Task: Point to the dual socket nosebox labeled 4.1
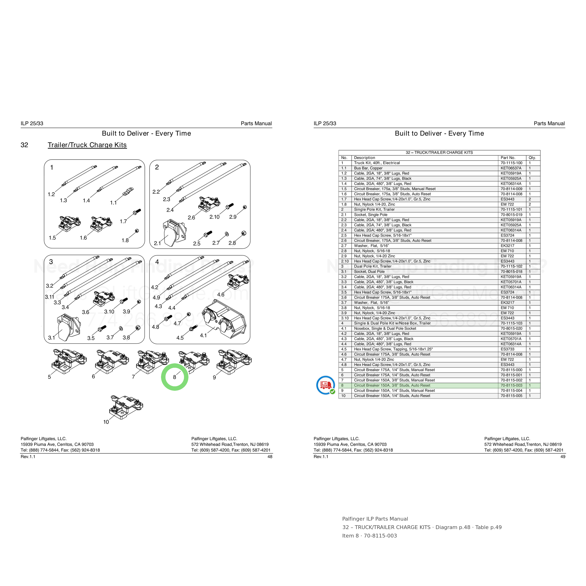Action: coord(225,319)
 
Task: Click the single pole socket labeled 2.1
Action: coord(174,233)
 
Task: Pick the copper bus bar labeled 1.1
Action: coord(128,192)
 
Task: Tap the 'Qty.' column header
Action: coord(532,158)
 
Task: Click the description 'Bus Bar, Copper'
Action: coord(368,168)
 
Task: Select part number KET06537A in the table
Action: coord(511,168)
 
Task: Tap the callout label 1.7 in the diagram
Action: coord(123,222)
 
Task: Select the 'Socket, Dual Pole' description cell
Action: coord(369,272)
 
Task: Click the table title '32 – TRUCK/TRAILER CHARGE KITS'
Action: coord(439,153)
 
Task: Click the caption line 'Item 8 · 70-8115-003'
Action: coord(369,536)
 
